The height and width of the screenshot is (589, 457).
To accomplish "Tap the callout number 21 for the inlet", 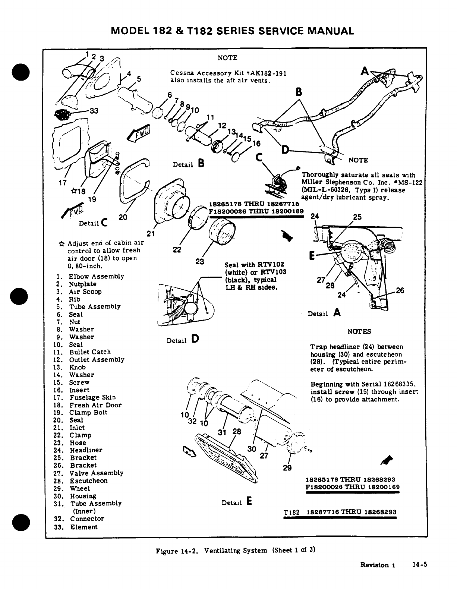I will coord(150,234).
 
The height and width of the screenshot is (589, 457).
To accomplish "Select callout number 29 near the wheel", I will coord(287,468).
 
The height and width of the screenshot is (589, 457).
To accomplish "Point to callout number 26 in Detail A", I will coord(400,290).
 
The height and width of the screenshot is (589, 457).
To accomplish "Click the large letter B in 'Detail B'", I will coord(201,163).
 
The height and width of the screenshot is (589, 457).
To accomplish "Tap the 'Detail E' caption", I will coord(237,503).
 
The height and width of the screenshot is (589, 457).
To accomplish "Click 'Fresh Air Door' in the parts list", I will coord(95,405).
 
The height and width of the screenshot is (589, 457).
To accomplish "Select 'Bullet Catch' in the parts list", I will coord(90,352).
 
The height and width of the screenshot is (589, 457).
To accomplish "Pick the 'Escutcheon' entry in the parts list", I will coord(89,481).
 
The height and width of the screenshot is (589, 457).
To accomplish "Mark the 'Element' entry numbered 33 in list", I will coord(84,527).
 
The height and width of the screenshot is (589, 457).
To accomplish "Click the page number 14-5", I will coord(419,564).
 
